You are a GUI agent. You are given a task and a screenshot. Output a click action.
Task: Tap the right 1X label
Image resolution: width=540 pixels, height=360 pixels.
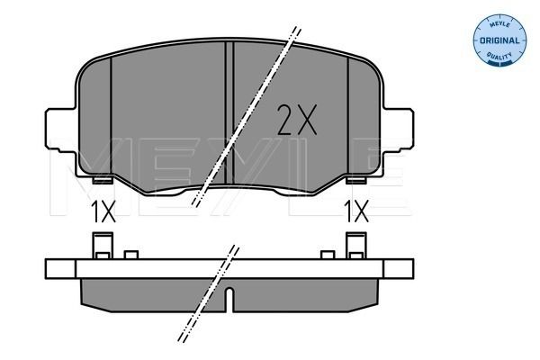[356, 213]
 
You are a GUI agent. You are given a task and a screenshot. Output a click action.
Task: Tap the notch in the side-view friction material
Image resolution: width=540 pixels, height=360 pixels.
[230, 296]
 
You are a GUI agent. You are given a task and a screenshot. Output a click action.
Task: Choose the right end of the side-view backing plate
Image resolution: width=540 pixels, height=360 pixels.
[403, 268]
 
